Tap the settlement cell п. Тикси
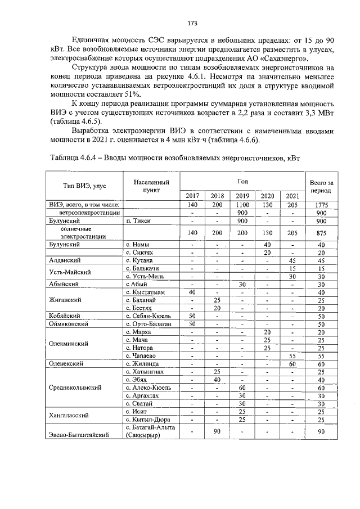tap(139, 221)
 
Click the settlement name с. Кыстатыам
tap(145, 292)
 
